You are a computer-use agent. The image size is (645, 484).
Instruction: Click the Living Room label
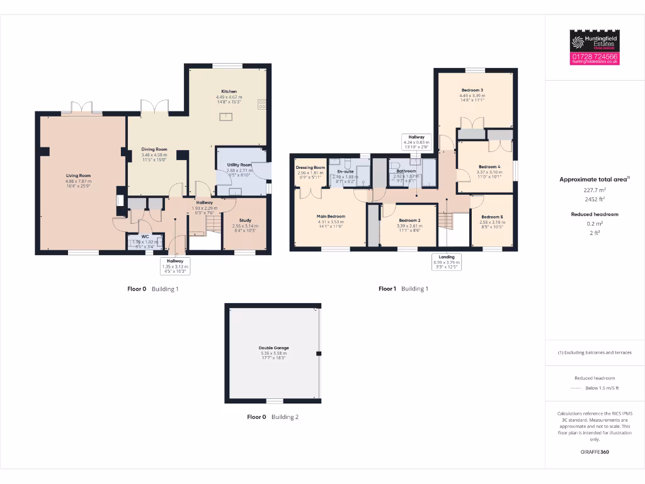[x=79, y=176]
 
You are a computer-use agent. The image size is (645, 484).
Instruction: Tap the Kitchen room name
[x=229, y=91]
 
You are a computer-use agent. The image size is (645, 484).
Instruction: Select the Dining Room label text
[x=154, y=149]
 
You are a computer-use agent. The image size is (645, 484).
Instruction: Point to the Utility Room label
[x=239, y=164]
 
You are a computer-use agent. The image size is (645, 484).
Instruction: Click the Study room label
[x=245, y=221]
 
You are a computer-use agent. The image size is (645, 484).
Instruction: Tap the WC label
[x=145, y=236]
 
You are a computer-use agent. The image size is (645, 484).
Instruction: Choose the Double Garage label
[x=273, y=348]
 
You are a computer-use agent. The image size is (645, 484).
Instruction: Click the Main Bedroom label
[x=331, y=216]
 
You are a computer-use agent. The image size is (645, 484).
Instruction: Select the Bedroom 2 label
[x=409, y=220]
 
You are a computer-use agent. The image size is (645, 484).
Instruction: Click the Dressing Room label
[x=310, y=168]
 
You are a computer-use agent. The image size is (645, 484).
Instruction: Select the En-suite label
[x=345, y=171]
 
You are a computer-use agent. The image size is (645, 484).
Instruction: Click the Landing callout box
[x=447, y=262]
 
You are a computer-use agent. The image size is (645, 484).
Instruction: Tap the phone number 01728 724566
[x=595, y=57]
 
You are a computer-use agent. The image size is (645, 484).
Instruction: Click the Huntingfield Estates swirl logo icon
[x=578, y=42]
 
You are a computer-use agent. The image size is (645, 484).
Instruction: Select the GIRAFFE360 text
[x=595, y=452]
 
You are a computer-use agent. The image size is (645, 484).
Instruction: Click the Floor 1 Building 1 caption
[x=403, y=289]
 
